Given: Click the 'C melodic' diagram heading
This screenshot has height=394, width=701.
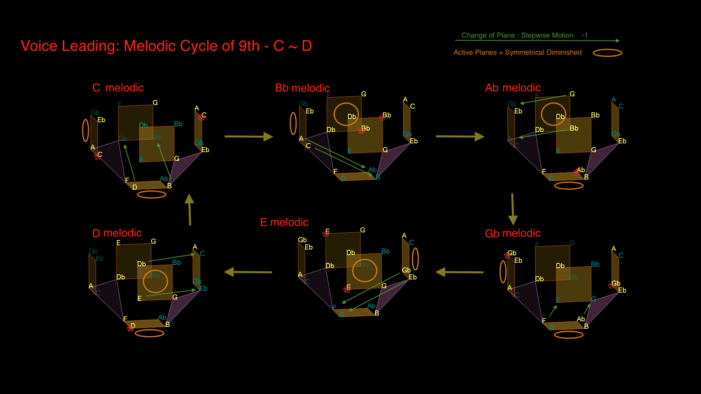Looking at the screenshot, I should coord(118,88).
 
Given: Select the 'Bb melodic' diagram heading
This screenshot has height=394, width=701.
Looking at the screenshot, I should coord(302,88).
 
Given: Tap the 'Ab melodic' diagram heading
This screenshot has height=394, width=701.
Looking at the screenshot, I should coord(513,88).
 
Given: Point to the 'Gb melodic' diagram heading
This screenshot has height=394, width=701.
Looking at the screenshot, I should coord(513,233).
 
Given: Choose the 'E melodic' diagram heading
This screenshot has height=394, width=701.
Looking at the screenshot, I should coord(284,222).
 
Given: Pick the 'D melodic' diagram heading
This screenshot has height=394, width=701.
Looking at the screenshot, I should coord(117,233).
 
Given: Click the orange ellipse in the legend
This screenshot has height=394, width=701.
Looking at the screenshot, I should coord(607,53).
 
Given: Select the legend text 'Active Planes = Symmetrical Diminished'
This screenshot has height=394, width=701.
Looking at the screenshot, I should coord(517,53).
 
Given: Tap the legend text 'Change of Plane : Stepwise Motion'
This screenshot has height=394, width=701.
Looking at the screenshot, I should coord(517,35).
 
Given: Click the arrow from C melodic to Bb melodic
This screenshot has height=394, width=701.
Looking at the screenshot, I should coord(249,136).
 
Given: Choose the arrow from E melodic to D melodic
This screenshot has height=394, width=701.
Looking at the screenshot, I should coord(248,272).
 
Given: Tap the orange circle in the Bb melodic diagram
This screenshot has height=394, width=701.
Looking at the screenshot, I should coord(346,114).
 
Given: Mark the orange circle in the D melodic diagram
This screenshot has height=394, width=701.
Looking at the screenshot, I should coord(155,281).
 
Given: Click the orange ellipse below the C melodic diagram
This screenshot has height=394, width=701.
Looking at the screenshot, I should coord(152,194).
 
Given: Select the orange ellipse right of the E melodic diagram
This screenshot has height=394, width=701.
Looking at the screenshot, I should coord(415,259).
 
